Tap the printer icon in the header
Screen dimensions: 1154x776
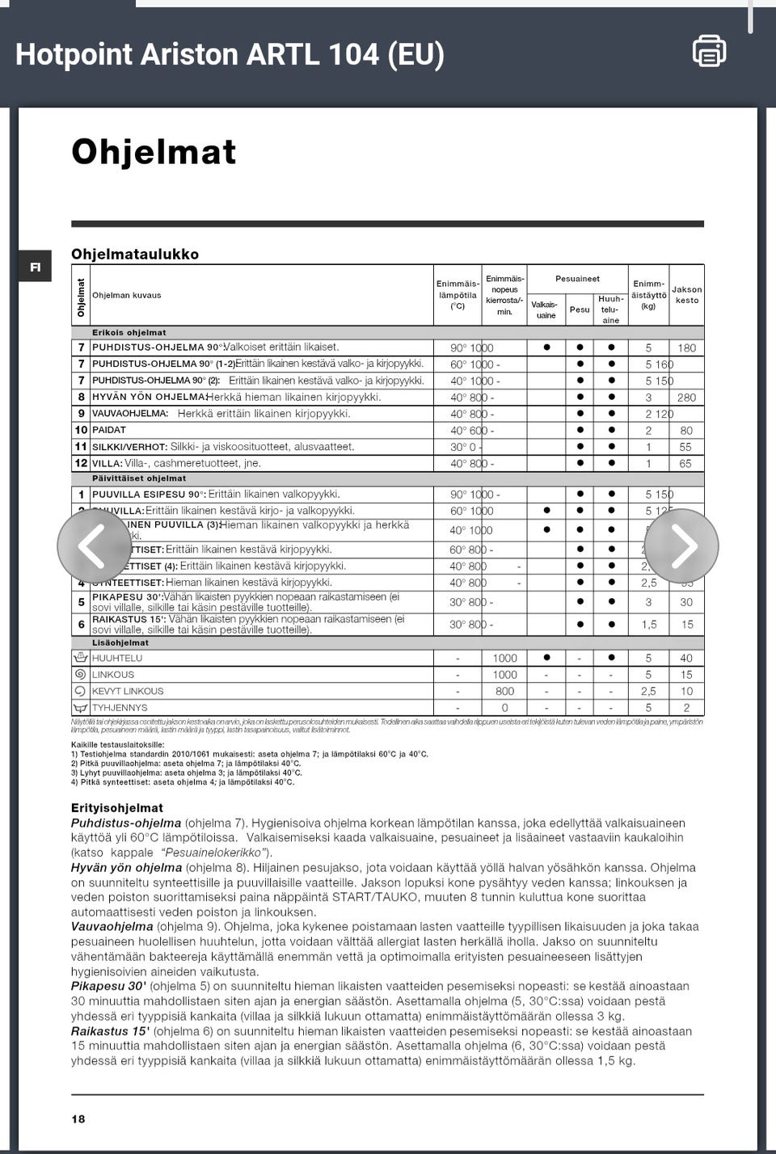709,51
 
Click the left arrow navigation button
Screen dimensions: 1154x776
94,545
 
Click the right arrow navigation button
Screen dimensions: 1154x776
681,545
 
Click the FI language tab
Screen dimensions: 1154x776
35,267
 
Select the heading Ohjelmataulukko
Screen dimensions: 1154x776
135,254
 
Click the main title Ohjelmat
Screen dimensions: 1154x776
154,152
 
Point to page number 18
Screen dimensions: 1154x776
78,1119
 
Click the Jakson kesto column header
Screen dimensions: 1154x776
687,295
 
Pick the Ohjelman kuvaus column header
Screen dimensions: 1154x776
127,295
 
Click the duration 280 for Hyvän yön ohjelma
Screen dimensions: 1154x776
686,398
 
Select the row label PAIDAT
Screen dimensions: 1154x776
109,430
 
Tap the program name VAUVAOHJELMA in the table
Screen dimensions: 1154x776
130,414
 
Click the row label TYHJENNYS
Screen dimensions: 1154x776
120,708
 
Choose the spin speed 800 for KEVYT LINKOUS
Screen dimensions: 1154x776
504,691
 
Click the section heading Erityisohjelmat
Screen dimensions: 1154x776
117,807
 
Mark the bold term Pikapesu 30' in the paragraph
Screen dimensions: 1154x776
108,986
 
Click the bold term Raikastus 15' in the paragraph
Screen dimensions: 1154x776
110,1031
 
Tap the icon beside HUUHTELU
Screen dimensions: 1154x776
80,658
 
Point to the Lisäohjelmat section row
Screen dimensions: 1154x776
120,643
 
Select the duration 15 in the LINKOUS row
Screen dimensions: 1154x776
686,675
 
